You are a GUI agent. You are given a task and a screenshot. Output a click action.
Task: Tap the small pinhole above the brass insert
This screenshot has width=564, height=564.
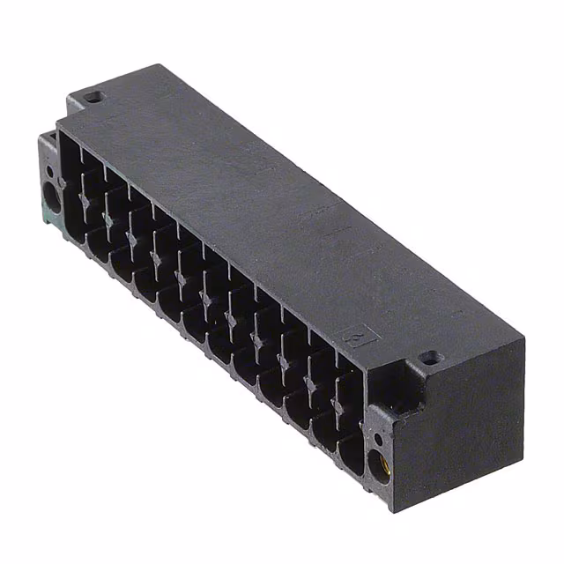pyautogui.click(x=377, y=438)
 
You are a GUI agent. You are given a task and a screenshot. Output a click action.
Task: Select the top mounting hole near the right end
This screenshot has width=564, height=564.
pyautogui.click(x=429, y=358)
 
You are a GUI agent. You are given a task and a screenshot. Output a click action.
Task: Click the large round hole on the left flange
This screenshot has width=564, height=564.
pyautogui.click(x=51, y=192)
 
